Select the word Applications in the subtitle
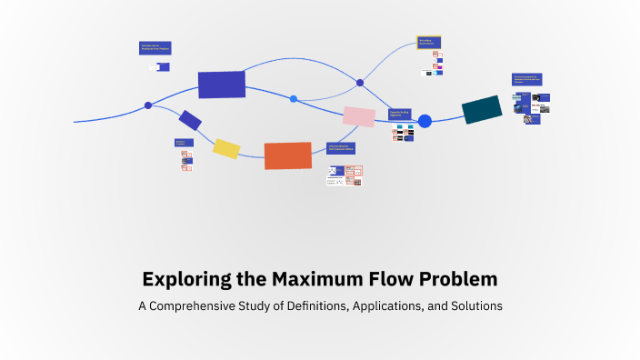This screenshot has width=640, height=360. coord(394,306)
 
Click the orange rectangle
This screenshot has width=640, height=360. coord(287,155)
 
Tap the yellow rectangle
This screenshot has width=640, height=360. coord(226,148)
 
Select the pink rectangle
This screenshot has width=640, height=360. coord(358,116)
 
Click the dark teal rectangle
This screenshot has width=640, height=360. coord(482,109)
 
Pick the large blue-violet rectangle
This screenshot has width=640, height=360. coord(222,85)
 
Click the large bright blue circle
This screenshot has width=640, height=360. coord(425,121)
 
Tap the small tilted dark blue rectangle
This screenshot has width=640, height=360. coord(190,119)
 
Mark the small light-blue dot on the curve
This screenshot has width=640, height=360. coord(294,98)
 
